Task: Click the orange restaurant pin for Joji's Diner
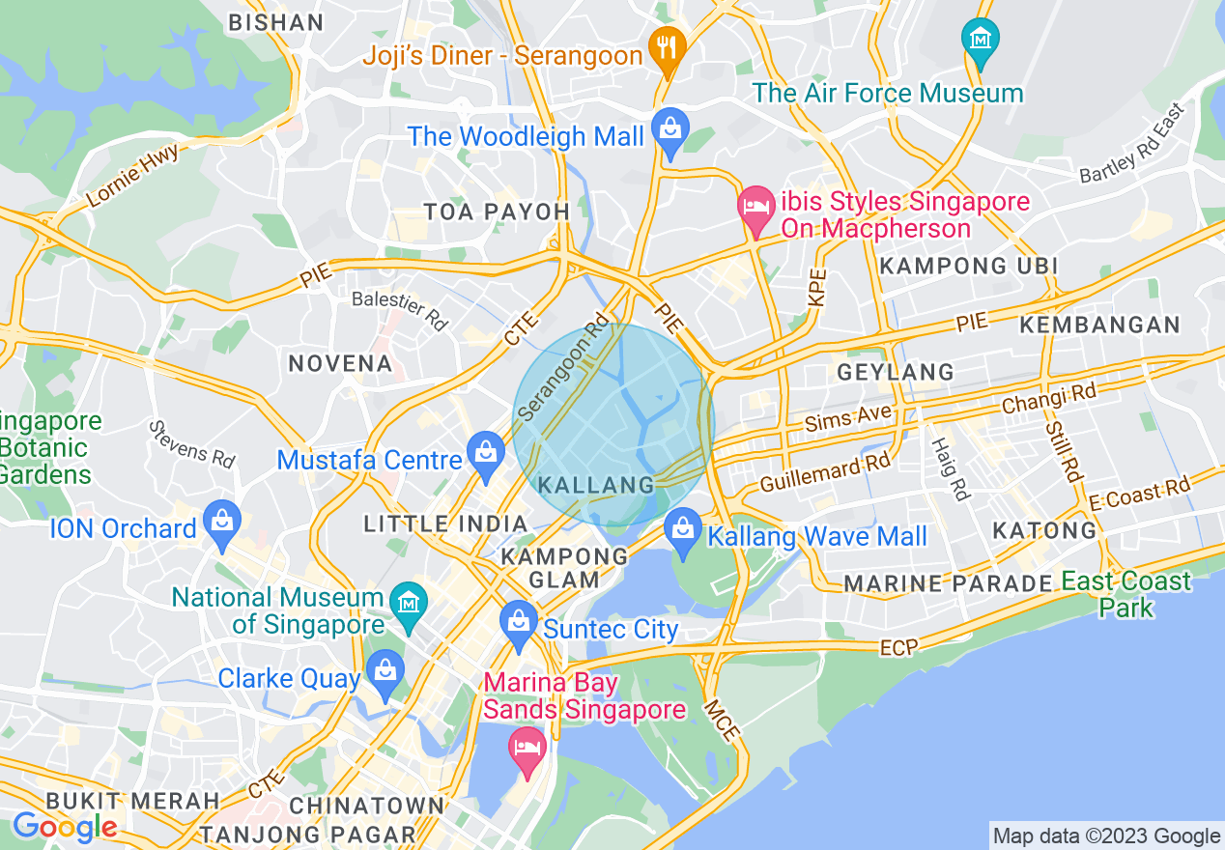pos(666,44)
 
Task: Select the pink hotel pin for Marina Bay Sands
pos(527,750)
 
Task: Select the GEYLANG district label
pos(896,372)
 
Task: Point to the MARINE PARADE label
pos(948,583)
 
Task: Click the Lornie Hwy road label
pos(133,175)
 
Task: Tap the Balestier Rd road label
pos(400,310)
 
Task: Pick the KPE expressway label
pos(818,287)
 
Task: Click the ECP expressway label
pos(898,648)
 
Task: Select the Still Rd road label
pos(1063,449)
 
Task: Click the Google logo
pos(65,827)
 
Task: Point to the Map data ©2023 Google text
pos(1106,836)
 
